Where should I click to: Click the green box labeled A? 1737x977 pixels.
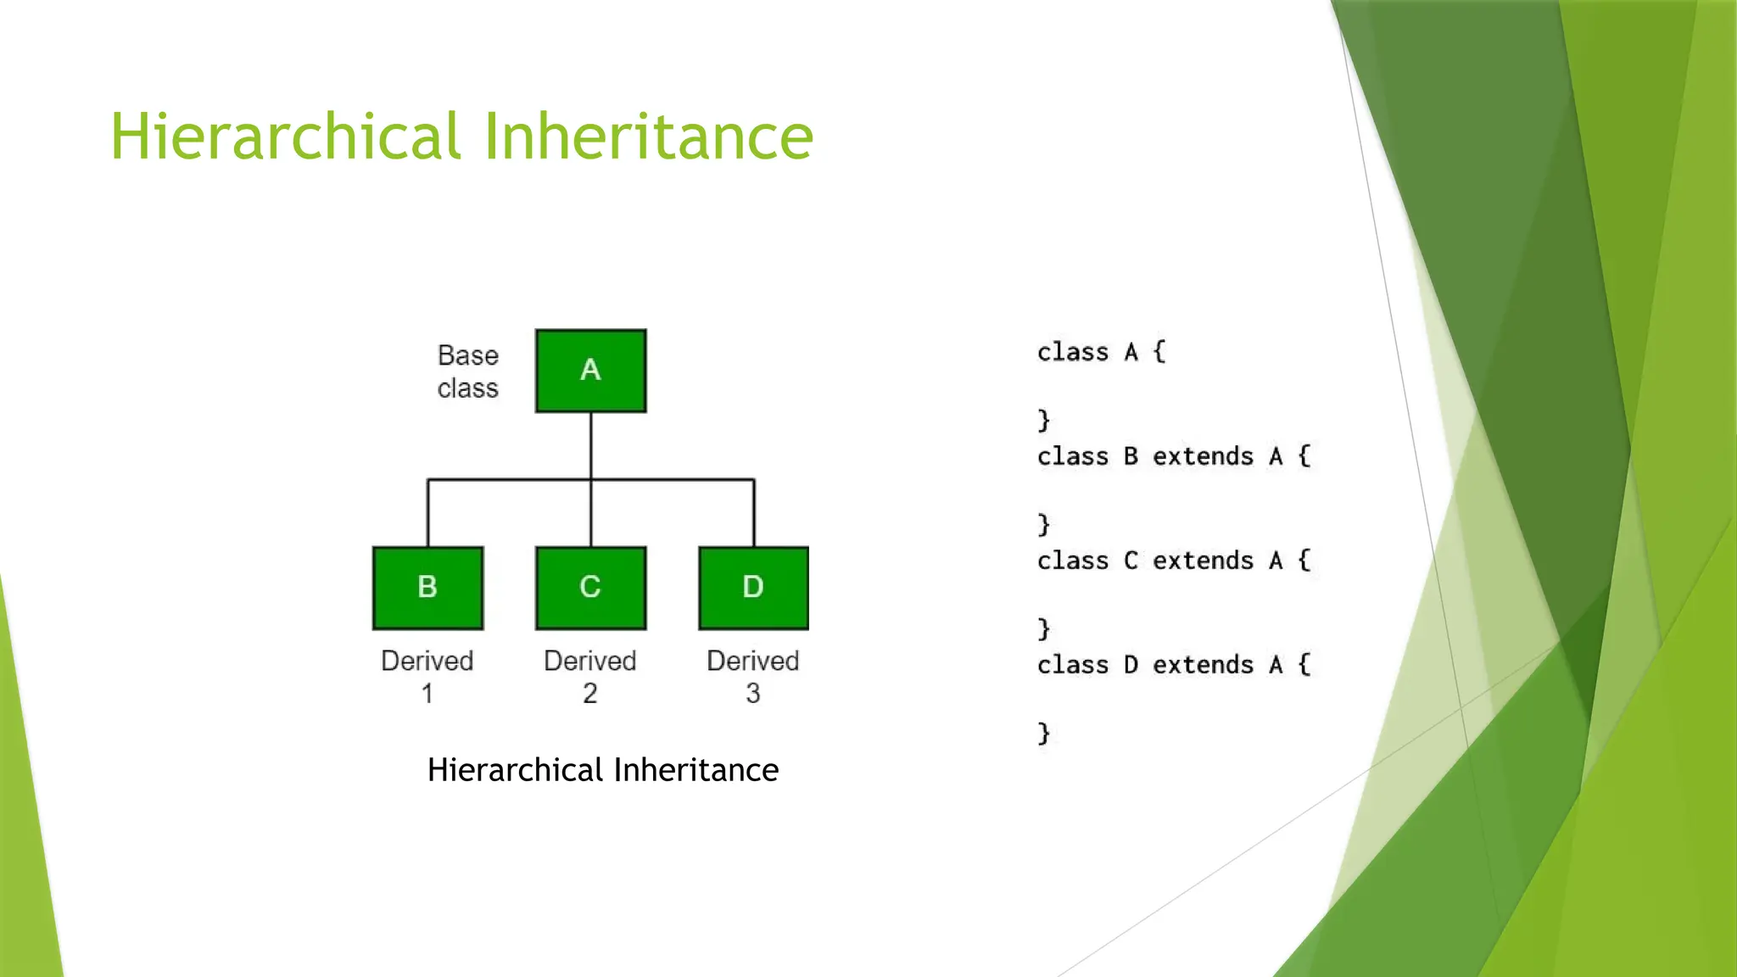pos(590,371)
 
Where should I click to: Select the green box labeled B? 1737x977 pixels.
pos(427,588)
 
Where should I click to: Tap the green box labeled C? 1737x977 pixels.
pos(590,588)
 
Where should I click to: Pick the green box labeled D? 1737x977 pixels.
pos(753,588)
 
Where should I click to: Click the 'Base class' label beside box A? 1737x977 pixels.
pos(467,371)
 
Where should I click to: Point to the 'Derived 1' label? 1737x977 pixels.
pos(427,676)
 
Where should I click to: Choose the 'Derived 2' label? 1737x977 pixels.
pos(589,676)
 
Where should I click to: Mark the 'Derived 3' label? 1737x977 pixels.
pos(752,676)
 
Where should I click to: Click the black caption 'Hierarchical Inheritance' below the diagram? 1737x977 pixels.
pos(602,770)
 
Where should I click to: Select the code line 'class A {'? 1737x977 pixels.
pos(1101,352)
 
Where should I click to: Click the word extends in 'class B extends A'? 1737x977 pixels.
pos(1203,456)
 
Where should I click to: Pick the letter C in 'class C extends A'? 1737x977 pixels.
pos(1131,561)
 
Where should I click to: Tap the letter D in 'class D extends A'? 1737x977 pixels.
pos(1131,665)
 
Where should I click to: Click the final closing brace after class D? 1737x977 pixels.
pos(1044,733)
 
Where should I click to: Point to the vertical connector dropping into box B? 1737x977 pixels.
pos(427,513)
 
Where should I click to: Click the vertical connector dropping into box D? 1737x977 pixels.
pos(754,513)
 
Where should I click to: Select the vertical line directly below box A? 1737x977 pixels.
pos(591,445)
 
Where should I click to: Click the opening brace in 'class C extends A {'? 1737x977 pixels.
pos(1304,561)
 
